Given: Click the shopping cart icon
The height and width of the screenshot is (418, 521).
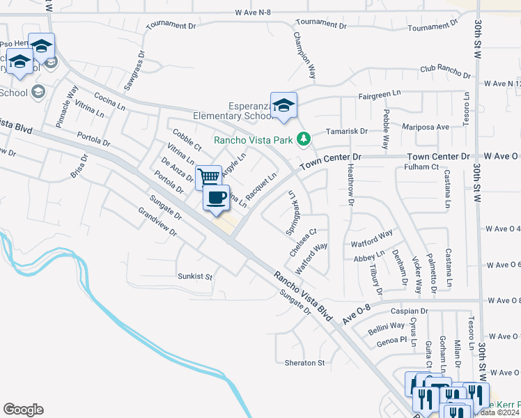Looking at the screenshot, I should point(208,177).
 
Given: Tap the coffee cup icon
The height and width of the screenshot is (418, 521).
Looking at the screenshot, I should point(217,197).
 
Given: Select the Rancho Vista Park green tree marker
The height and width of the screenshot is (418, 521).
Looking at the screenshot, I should point(303,139).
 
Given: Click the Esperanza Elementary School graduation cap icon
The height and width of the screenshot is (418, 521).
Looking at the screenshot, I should point(283,105).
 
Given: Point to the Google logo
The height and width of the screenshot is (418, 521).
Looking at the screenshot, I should point(23,410).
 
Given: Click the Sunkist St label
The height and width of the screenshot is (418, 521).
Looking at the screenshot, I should point(194,276).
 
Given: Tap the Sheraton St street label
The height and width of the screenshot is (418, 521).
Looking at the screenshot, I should point(304,363).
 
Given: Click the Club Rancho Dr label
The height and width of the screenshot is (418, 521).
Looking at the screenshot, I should point(445,68).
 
